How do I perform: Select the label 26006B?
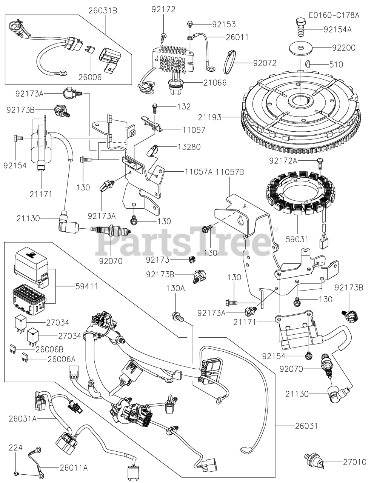click(x=50, y=349)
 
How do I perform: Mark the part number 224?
click(x=16, y=448)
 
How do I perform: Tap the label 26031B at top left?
click(x=103, y=10)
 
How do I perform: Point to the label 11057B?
click(x=230, y=172)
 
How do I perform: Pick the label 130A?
click(x=175, y=288)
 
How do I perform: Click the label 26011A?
click(x=74, y=468)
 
